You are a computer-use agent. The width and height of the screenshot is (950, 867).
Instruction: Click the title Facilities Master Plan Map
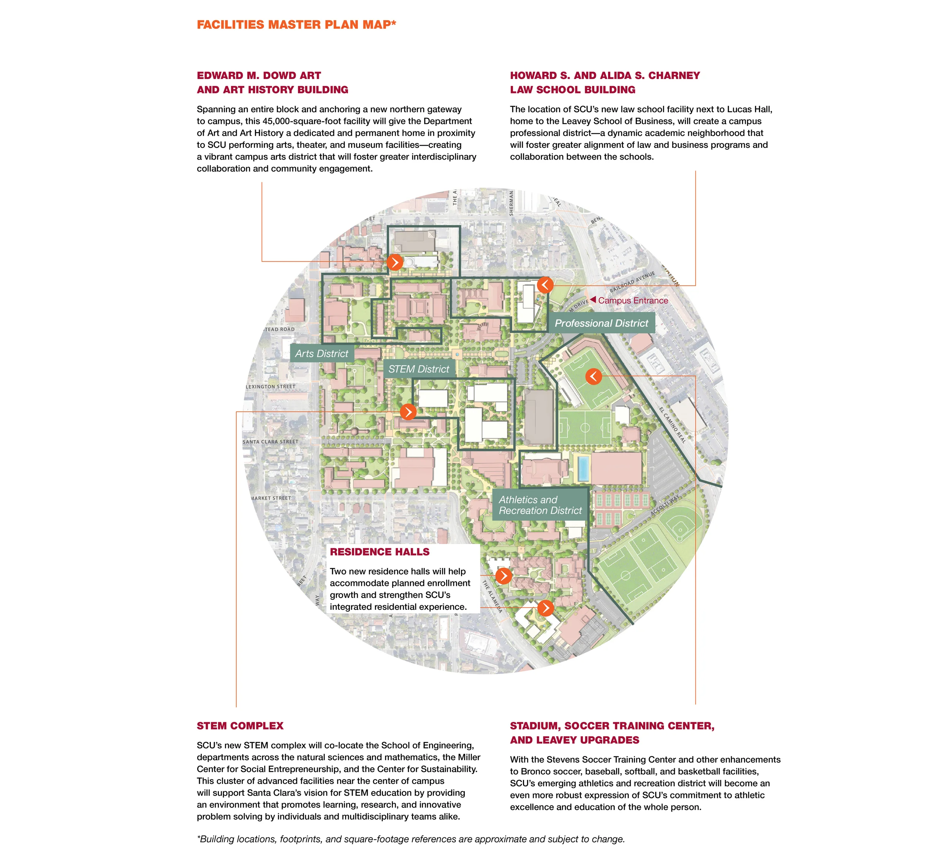tap(296, 24)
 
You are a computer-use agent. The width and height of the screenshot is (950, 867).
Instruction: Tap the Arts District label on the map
tap(322, 353)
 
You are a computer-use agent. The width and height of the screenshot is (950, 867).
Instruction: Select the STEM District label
tap(419, 369)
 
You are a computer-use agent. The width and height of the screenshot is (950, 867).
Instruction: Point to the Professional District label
tap(601, 323)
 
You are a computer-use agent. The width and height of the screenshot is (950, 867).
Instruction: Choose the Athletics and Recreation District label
tap(540, 505)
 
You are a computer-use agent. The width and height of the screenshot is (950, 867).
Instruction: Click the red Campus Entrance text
tap(633, 301)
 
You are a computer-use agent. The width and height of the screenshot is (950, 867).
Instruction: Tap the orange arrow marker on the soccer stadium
tap(593, 377)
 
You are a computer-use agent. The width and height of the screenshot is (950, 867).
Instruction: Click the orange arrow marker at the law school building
tap(545, 285)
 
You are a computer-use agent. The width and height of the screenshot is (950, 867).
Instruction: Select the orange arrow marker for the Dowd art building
tap(395, 262)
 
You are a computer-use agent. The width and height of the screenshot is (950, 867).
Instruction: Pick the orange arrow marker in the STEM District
tap(408, 412)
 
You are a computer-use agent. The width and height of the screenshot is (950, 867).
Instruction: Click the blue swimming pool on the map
tap(583, 468)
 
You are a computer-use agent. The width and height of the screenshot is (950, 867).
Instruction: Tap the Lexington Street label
tap(271, 387)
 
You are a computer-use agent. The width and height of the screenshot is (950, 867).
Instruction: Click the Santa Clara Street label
tap(271, 442)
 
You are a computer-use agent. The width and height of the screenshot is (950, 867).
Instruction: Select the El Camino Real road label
tap(673, 425)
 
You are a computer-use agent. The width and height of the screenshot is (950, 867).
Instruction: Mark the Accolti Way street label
tap(665, 505)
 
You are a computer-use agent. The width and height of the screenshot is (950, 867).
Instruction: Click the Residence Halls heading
tap(380, 552)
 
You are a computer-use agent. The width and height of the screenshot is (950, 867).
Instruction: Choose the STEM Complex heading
tap(240, 726)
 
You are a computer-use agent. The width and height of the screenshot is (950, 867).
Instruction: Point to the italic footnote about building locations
tap(411, 839)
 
